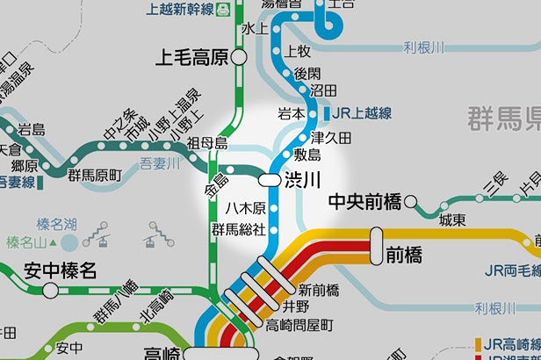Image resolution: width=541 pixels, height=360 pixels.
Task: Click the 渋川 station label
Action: [301, 179]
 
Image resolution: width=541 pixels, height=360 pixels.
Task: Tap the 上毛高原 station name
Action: [191, 59]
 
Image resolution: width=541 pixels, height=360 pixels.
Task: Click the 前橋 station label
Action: [403, 256]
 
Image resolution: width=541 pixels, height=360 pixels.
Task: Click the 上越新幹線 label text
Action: [181, 9]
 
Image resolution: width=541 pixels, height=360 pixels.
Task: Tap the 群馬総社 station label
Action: [237, 230]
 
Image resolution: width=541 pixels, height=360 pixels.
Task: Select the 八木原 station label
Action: [245, 209]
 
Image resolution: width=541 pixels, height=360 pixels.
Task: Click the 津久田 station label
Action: [331, 138]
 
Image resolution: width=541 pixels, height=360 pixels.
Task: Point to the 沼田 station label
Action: [324, 90]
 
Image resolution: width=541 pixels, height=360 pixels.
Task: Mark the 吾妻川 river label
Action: [160, 162]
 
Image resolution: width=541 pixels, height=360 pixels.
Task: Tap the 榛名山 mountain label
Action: [25, 241]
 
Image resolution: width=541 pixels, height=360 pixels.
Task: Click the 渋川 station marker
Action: [269, 179]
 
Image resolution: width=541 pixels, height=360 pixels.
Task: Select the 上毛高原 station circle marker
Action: [239, 59]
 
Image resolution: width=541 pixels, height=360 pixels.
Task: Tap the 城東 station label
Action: [452, 220]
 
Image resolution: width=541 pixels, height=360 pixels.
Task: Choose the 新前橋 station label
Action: [319, 289]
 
